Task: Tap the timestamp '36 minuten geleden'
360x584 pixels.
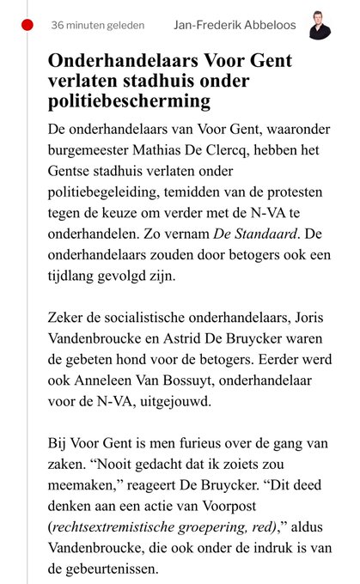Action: click(97, 25)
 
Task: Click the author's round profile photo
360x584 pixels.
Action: click(320, 25)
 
